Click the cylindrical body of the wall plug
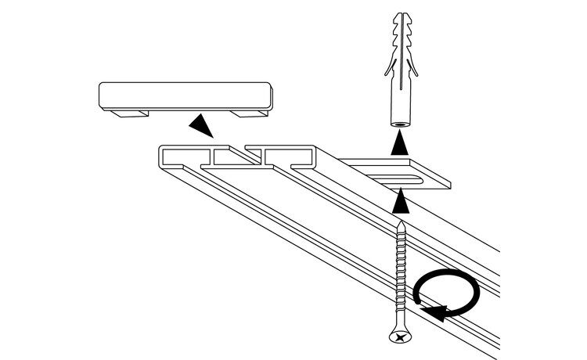tap(400, 102)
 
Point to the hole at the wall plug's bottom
tap(400, 124)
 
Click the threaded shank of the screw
tap(401, 274)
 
